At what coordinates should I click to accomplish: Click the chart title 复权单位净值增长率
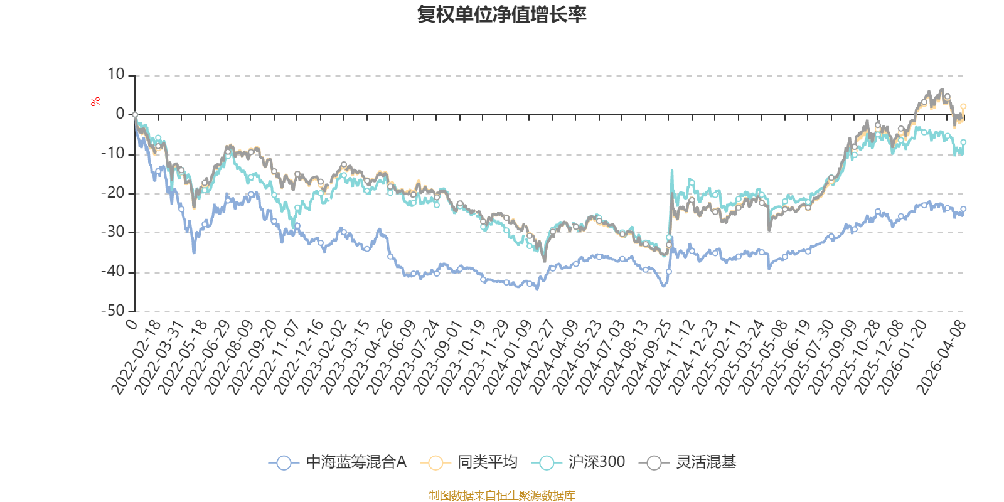click(x=501, y=15)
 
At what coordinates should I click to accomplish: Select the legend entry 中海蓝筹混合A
click(x=338, y=462)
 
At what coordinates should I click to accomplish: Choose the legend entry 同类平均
click(x=469, y=462)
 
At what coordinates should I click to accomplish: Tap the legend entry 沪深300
click(x=578, y=462)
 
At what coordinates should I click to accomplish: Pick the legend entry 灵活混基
click(x=688, y=462)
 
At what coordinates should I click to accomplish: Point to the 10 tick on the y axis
click(x=115, y=75)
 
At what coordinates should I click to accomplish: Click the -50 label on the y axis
click(x=112, y=311)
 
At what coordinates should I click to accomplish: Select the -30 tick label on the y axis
click(x=112, y=232)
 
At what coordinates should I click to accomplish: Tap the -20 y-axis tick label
click(x=112, y=193)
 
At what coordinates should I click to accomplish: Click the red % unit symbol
click(x=95, y=102)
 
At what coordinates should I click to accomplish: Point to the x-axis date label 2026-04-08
click(x=941, y=357)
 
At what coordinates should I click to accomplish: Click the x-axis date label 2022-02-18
click(x=136, y=357)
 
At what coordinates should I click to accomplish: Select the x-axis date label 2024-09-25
click(x=646, y=357)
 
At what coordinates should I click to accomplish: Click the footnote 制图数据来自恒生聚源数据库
click(x=501, y=495)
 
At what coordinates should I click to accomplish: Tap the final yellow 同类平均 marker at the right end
click(x=963, y=107)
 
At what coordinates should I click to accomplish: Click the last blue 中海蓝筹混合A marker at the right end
click(x=963, y=210)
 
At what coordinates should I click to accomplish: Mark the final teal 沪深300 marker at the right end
click(x=963, y=142)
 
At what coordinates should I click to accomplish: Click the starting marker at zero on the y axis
click(x=135, y=115)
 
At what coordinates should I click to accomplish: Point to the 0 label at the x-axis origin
click(x=131, y=324)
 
